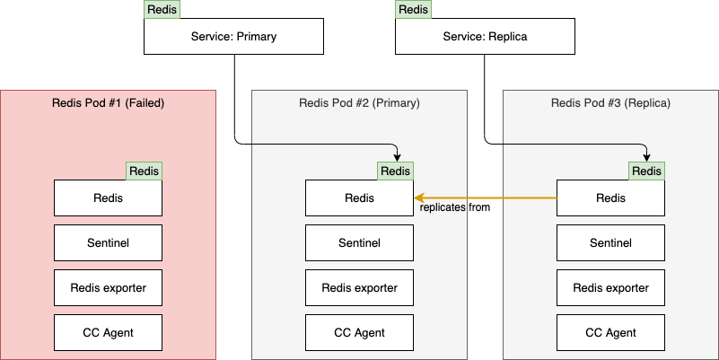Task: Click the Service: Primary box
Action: (233, 37)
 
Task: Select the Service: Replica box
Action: (485, 37)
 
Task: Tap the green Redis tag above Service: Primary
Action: (162, 10)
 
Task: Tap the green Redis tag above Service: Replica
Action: (413, 10)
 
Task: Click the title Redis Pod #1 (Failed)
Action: (109, 103)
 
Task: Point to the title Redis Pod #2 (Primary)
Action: (359, 103)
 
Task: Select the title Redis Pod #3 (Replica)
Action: (610, 103)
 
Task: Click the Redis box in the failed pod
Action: (108, 198)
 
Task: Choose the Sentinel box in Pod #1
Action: (108, 243)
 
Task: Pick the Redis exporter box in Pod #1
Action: (108, 288)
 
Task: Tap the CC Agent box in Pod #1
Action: (108, 333)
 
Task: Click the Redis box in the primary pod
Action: (359, 198)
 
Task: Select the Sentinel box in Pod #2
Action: (359, 243)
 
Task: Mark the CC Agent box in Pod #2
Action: (359, 333)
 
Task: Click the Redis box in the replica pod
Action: (610, 198)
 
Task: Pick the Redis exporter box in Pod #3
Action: (610, 288)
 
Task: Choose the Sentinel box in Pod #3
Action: (610, 243)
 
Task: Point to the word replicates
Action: (443, 207)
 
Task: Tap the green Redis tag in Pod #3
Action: (646, 171)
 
